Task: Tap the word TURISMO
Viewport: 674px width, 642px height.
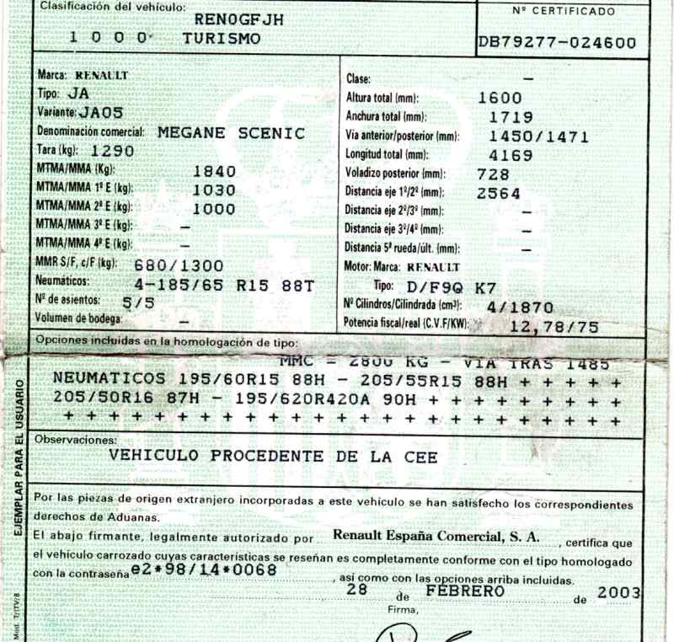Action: pos(222,39)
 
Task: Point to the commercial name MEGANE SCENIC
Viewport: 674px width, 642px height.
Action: pos(232,133)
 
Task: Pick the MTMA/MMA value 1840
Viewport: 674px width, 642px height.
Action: pos(215,171)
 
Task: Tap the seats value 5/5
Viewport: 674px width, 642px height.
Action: pos(138,301)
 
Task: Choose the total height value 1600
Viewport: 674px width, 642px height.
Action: pos(500,98)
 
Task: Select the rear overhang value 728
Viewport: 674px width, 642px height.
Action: pos(493,174)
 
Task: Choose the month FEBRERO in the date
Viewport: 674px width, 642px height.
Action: pos(464,591)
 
